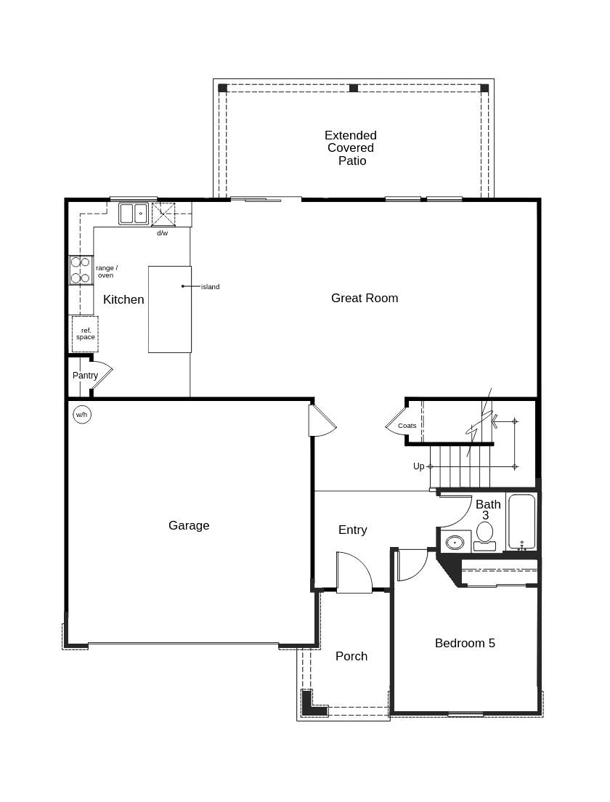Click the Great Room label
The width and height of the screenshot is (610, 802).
365,298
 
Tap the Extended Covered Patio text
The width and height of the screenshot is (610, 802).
351,148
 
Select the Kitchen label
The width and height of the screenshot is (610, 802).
123,299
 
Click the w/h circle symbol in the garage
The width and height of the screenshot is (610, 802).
82,415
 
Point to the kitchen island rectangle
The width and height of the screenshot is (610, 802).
170,309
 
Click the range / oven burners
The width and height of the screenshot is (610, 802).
81,270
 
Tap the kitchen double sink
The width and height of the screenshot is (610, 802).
134,214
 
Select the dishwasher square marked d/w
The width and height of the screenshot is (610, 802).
163,214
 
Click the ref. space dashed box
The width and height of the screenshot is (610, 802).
85,334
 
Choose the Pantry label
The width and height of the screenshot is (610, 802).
85,376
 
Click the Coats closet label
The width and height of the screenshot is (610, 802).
407,426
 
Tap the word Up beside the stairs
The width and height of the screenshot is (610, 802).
419,466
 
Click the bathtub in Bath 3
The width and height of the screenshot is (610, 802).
521,521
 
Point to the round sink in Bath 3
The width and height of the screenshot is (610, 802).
455,542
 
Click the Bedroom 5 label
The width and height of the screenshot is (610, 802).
465,643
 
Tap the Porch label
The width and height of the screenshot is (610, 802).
351,656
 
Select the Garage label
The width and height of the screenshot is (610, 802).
189,525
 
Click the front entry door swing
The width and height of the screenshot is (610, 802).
354,573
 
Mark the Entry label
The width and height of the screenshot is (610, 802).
353,530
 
